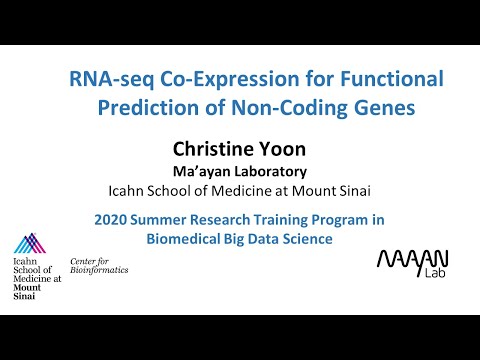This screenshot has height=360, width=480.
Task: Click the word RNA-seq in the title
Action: click(x=105, y=79)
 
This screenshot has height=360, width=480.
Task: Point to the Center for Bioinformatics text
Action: click(x=99, y=265)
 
